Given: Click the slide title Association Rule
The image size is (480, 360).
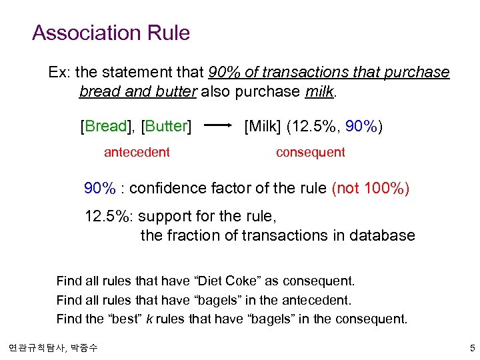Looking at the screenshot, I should coord(111,33).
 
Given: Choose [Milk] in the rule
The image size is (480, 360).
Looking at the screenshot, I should coord(267,125).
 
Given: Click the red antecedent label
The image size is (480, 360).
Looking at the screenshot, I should coord(137,152).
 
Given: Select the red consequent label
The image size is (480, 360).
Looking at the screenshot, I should coord(311,152).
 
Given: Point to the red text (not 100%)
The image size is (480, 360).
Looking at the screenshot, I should coord(371,189).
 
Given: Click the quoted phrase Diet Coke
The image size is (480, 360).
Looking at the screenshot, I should coord(221,281).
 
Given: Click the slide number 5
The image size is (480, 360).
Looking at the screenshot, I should coord(471,348).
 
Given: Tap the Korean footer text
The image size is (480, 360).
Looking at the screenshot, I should coord(53,348).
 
